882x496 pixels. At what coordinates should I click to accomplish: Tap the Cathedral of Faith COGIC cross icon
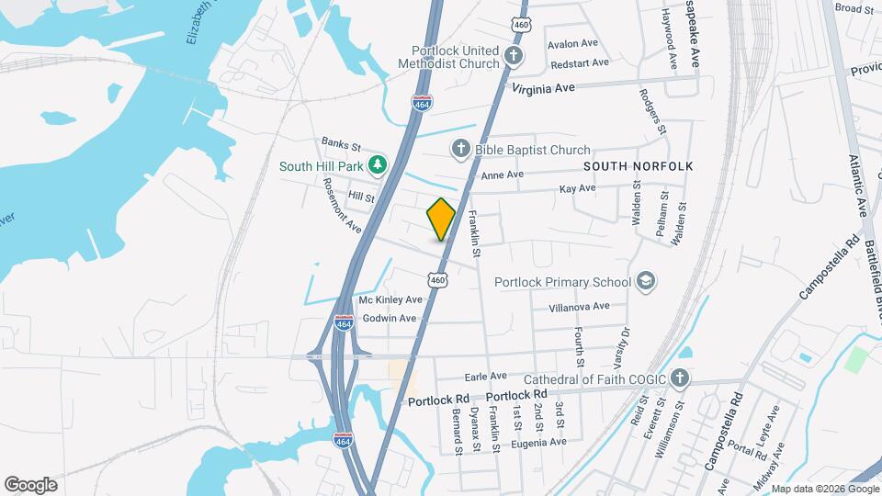point(679,379)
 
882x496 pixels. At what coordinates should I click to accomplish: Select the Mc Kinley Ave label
point(390,300)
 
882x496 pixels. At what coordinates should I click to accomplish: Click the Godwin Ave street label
point(390,319)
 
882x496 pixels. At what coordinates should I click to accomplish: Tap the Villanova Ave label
point(578,307)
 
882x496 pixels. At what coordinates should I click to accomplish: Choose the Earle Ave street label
point(486,377)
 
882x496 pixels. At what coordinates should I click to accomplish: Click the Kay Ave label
point(578,189)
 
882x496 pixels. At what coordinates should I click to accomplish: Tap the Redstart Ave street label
point(578,63)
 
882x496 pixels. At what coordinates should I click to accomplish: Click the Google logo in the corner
point(30,484)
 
